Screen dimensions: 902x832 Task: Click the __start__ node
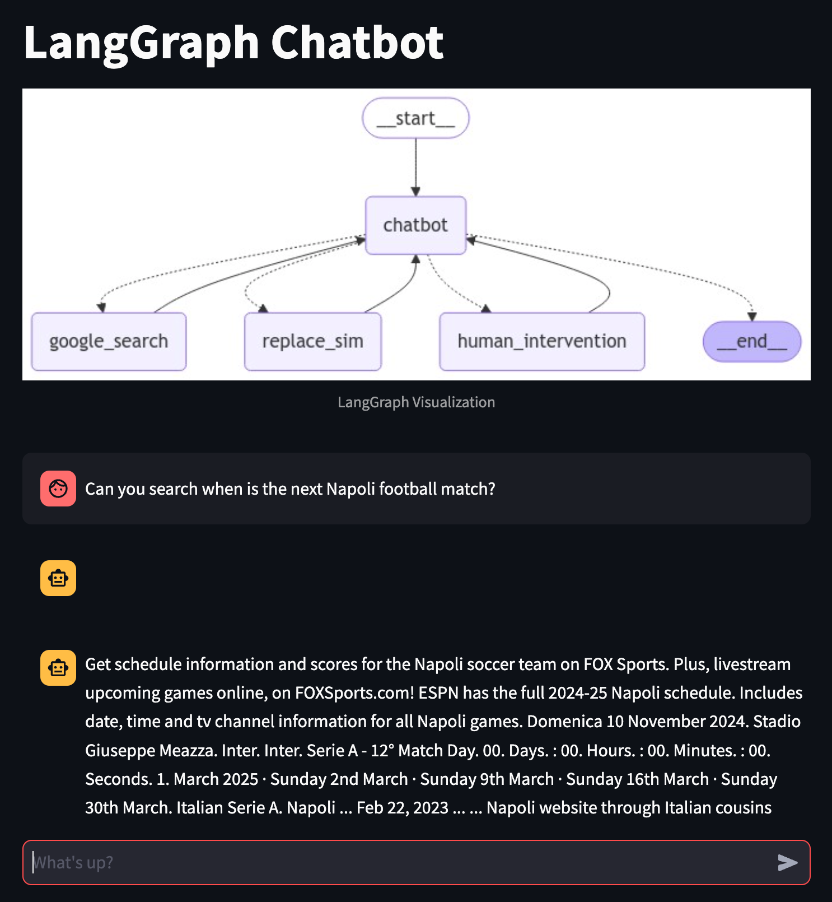415,118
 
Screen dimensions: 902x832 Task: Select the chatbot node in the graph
415,225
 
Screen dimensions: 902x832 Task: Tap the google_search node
109,341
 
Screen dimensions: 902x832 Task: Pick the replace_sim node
312,341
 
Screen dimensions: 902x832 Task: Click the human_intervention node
541,341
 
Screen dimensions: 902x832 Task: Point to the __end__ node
751,341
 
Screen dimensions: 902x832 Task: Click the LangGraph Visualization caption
416,402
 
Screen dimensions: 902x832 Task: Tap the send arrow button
787,862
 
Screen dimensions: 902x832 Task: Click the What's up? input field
392,862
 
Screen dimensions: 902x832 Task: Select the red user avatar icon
58,489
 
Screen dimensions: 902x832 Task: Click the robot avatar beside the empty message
58,578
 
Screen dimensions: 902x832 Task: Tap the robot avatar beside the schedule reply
58,668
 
